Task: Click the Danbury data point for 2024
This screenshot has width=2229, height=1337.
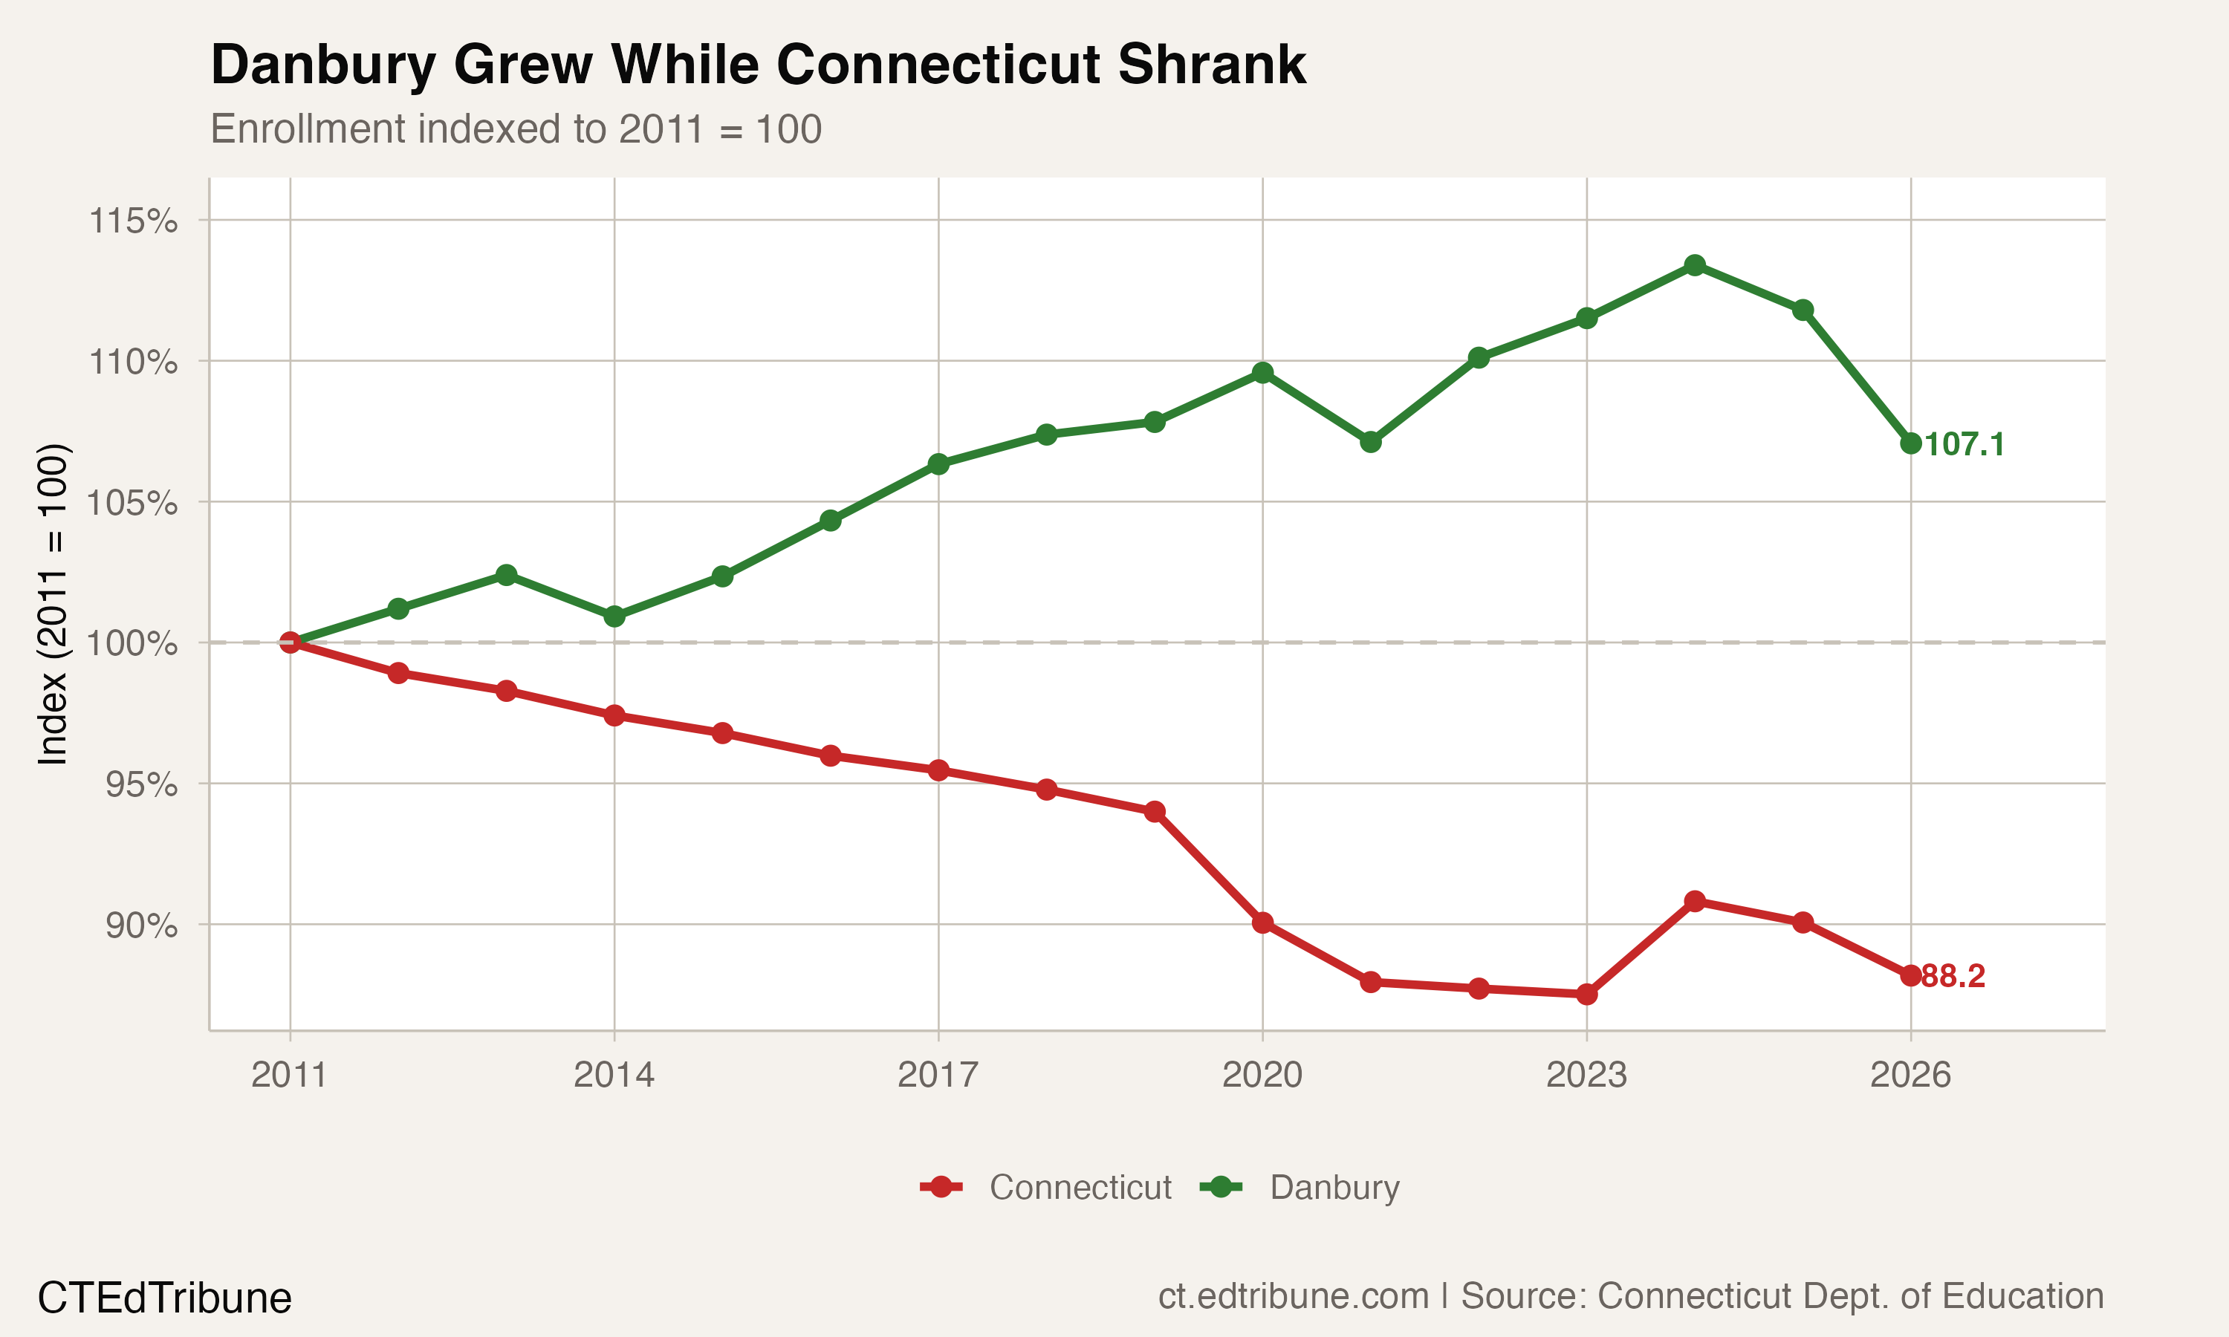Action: [x=1695, y=265]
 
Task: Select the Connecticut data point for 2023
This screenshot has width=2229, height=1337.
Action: [x=1586, y=995]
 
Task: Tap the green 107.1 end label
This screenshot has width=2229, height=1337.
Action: [x=1964, y=444]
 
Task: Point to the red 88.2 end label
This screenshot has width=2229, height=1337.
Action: [x=1953, y=976]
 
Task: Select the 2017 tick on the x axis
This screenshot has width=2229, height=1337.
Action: [x=938, y=1075]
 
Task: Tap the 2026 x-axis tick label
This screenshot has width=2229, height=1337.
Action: [x=1910, y=1075]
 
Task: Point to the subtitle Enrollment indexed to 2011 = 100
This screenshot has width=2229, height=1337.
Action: [x=516, y=129]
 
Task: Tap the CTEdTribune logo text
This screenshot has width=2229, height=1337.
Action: [x=164, y=1298]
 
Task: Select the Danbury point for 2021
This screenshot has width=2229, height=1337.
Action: [x=1370, y=441]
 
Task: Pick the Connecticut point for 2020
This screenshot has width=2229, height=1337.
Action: [x=1262, y=923]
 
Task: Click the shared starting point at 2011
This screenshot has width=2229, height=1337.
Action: [x=290, y=643]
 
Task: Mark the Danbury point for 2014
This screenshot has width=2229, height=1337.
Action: [x=614, y=617]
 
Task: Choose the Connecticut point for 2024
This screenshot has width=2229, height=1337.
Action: [x=1695, y=901]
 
